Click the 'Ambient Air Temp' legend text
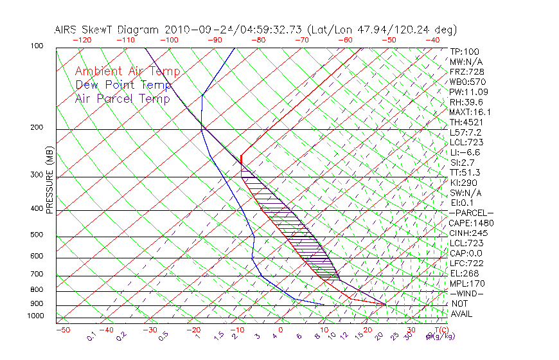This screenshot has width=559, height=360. click(127, 71)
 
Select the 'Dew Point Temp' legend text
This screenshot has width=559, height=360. click(123, 85)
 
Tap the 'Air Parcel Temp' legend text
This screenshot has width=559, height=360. click(122, 98)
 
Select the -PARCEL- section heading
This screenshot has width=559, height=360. click(471, 213)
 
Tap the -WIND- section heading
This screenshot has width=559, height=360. click(466, 293)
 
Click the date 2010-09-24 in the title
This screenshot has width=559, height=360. click(191, 30)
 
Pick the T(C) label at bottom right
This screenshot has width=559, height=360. click(437, 330)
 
